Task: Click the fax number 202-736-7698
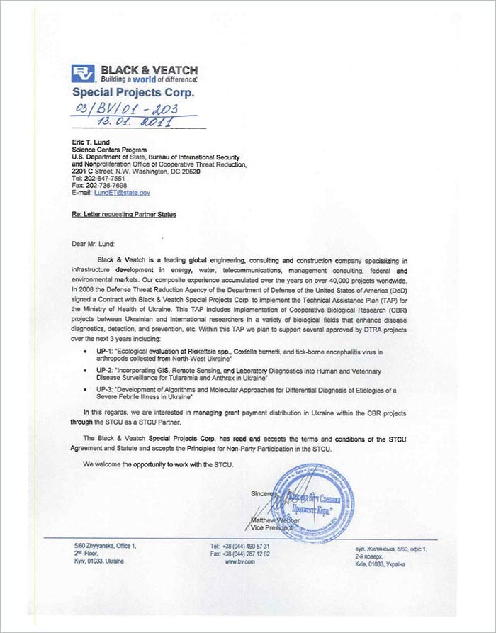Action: click(x=109, y=186)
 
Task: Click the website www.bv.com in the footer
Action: click(x=239, y=561)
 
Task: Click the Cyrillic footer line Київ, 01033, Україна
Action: click(x=380, y=564)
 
